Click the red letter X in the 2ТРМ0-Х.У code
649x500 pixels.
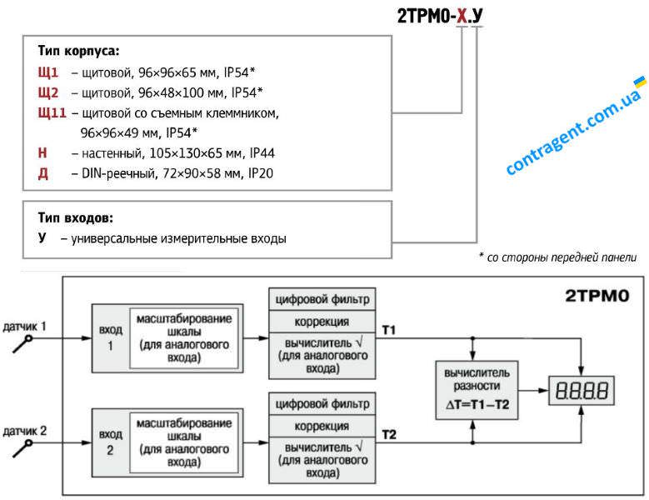tap(462, 16)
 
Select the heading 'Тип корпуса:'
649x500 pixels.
tap(78, 51)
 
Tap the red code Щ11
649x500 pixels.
tap(52, 112)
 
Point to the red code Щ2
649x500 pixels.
tap(48, 92)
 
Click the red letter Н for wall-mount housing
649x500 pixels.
tap(42, 153)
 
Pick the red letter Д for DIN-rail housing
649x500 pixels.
tap(43, 173)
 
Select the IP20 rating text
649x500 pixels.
tap(261, 173)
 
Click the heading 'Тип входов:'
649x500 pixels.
tap(75, 217)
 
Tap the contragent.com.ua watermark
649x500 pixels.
tap(576, 126)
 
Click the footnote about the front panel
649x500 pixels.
tap(557, 257)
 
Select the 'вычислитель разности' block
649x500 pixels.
tap(477, 390)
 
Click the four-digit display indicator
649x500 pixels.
tap(582, 391)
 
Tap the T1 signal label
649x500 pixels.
tap(389, 330)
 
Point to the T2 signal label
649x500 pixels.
tap(389, 435)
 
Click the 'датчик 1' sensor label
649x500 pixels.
tap(24, 327)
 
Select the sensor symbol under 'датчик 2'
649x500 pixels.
tap(22, 448)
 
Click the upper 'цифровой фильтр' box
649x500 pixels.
tap(322, 299)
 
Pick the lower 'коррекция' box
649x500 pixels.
tap(322, 426)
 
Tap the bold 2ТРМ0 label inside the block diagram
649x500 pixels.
tap(597, 296)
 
